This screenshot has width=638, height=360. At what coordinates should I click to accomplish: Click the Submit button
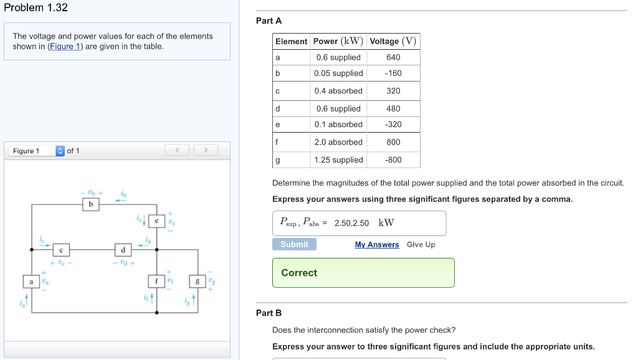(x=294, y=244)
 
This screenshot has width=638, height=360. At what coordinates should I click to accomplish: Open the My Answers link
(x=377, y=245)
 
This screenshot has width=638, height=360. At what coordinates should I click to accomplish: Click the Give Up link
(x=421, y=245)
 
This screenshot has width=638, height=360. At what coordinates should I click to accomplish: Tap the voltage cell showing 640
(x=393, y=57)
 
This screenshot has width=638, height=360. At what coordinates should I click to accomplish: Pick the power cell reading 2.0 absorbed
(x=338, y=142)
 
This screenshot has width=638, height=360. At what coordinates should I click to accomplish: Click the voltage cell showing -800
(x=393, y=160)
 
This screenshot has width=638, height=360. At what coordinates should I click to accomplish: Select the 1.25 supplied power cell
(x=338, y=160)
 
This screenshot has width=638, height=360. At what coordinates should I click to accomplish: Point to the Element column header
(x=291, y=41)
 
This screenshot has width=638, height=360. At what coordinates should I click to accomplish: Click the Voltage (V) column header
(x=393, y=41)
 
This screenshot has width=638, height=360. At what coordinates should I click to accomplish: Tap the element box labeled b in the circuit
(x=91, y=204)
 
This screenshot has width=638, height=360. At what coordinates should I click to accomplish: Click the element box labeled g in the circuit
(x=198, y=282)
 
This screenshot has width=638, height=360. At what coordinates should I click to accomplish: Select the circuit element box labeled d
(x=123, y=250)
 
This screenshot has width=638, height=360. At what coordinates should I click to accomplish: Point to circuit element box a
(x=31, y=282)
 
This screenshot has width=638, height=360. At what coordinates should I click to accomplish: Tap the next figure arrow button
(x=206, y=150)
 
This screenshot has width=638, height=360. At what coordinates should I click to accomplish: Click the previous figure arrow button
(x=177, y=150)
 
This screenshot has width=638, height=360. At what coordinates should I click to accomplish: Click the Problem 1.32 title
(x=36, y=8)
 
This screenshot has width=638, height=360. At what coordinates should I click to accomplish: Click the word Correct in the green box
(x=299, y=273)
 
